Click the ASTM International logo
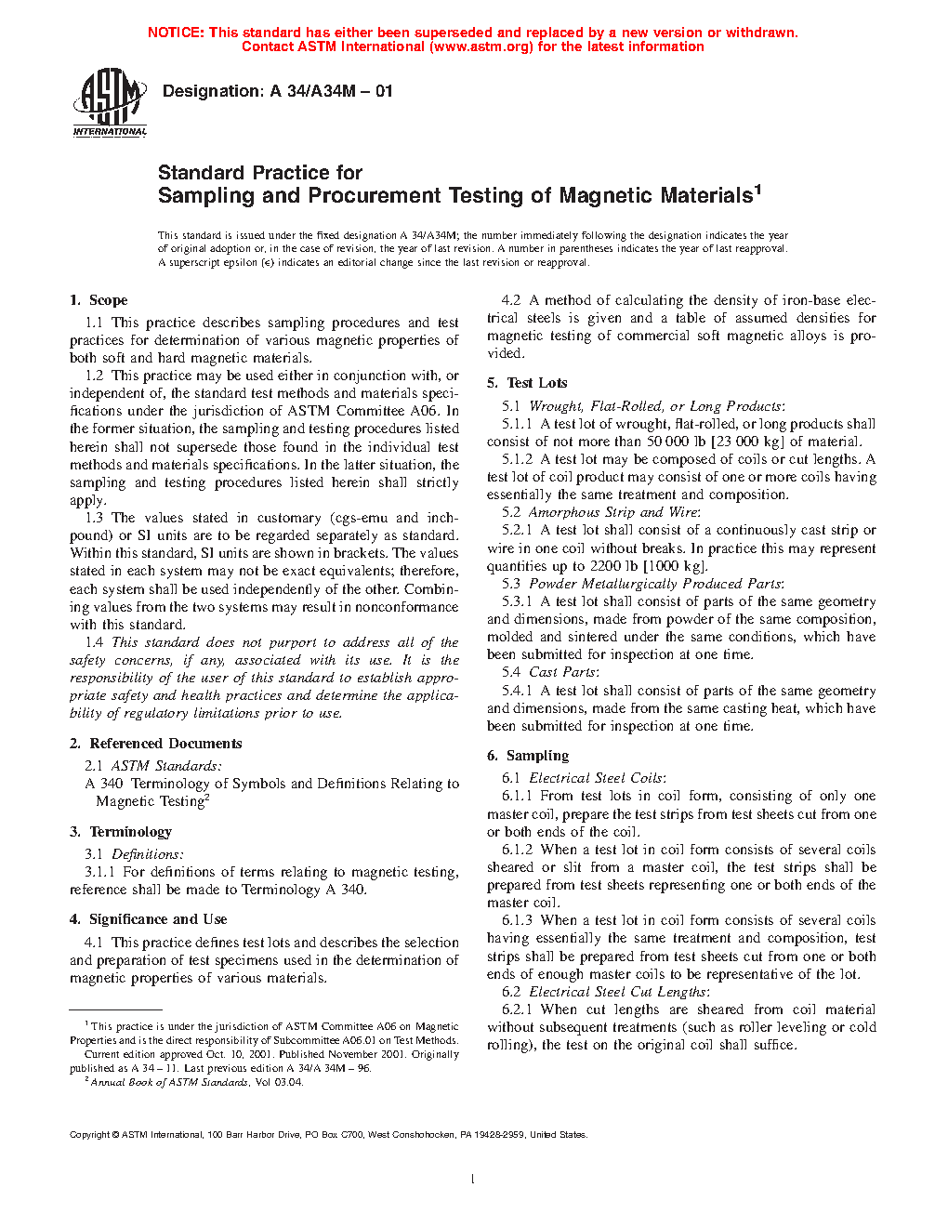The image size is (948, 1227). pyautogui.click(x=110, y=102)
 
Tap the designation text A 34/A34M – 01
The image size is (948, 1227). pyautogui.click(x=331, y=91)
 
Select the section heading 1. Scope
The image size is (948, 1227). pyautogui.click(x=99, y=300)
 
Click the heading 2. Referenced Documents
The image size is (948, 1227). pyautogui.click(x=156, y=744)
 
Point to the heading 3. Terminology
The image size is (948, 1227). pyautogui.click(x=121, y=832)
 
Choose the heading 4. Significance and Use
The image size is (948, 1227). pyautogui.click(x=149, y=919)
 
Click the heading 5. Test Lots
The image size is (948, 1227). pyautogui.click(x=527, y=383)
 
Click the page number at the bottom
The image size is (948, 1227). pyautogui.click(x=473, y=1180)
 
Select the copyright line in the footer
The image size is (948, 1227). pyautogui.click(x=328, y=1134)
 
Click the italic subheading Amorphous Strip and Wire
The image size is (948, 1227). pyautogui.click(x=613, y=512)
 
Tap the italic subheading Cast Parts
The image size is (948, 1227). pyautogui.click(x=563, y=672)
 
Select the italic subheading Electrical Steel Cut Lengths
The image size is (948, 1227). pyautogui.click(x=618, y=992)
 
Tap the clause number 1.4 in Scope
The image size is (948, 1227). pyautogui.click(x=94, y=642)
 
